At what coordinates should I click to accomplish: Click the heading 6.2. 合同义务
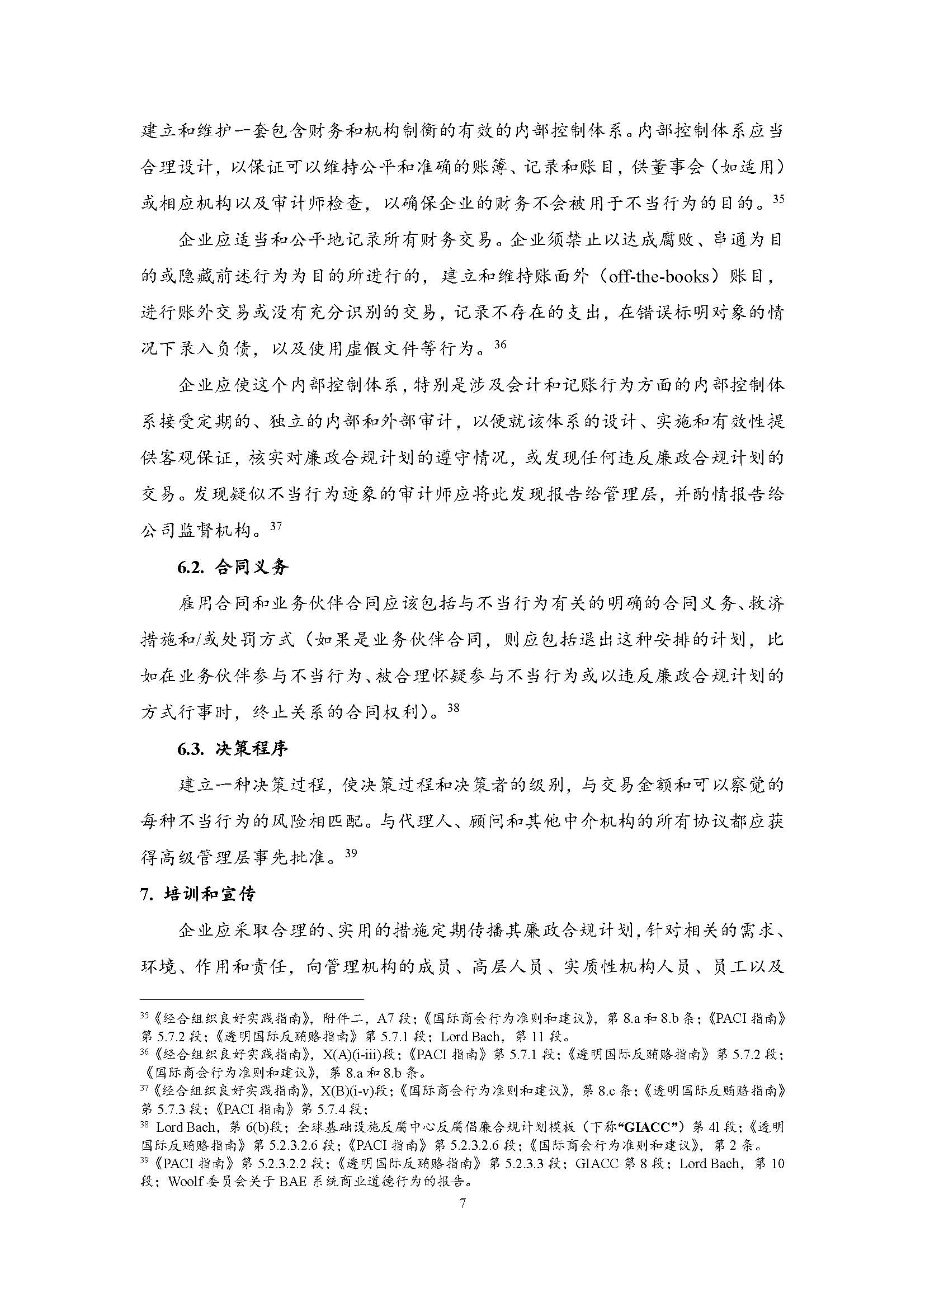233,567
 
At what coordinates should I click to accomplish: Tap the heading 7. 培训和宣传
197,894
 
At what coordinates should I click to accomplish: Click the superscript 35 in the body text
777,200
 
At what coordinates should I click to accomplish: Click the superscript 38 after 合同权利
453,709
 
